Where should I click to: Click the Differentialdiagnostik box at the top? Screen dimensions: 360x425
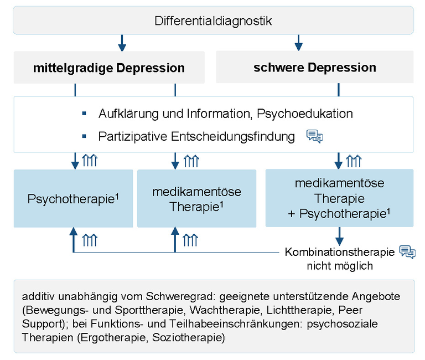pos(213,21)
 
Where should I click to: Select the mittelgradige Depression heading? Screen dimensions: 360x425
pos(109,68)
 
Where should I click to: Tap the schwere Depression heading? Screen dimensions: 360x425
pos(314,68)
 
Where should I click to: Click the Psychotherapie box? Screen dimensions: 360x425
pos(74,198)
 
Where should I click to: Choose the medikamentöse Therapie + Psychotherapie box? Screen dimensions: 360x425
pos(339,198)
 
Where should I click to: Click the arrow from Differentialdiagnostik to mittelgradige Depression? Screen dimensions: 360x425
pos(122,42)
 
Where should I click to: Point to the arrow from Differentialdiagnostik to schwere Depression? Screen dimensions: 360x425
pos(299,42)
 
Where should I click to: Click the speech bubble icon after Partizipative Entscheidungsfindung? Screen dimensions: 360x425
pos(314,136)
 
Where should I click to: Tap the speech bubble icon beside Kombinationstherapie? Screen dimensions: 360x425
pos(407,251)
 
